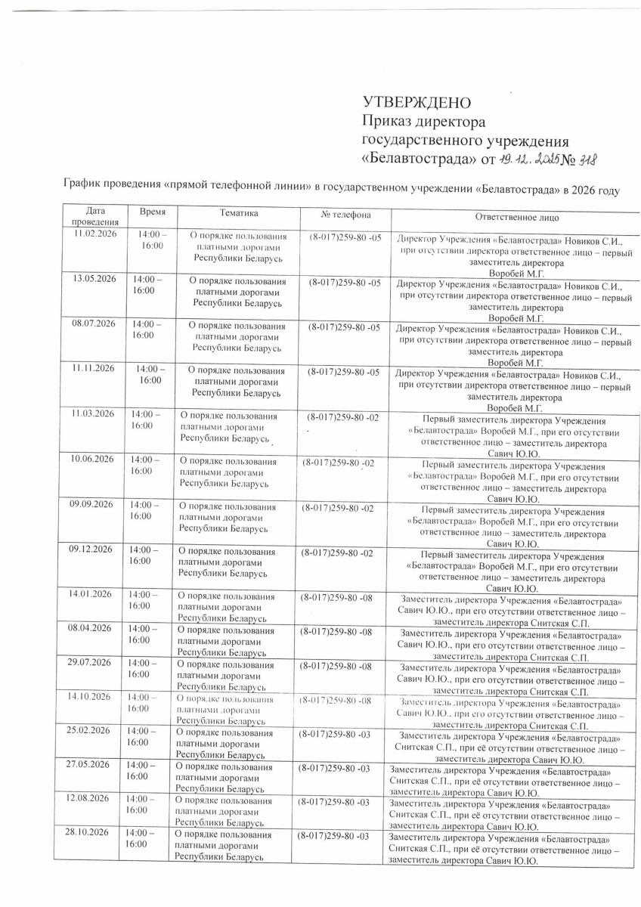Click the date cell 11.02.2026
(93, 237)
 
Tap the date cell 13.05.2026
(91, 280)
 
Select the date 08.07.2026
(91, 323)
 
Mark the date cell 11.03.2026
(91, 413)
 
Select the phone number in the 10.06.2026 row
(337, 461)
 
